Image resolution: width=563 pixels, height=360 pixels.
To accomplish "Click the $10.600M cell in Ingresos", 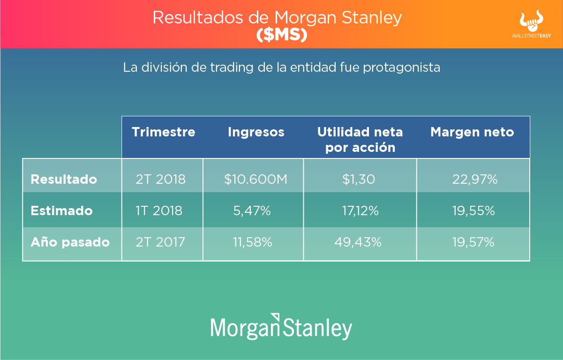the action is click(255, 179).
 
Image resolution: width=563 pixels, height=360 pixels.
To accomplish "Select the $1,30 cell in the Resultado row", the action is click(359, 179).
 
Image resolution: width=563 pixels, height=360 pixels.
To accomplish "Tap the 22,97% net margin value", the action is click(475, 179).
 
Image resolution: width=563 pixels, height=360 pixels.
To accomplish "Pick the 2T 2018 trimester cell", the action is click(161, 179).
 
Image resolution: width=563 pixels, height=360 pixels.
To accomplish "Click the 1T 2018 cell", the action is click(159, 210).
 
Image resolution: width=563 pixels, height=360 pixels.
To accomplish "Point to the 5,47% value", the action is click(252, 210).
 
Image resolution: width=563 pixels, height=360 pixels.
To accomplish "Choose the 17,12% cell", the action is click(360, 210).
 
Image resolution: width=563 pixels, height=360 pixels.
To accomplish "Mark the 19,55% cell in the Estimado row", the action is click(474, 210).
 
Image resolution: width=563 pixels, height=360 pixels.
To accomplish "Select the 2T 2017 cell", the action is click(160, 242).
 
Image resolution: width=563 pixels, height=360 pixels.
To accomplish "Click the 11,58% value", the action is click(253, 242).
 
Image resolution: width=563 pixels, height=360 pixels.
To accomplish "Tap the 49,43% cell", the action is click(358, 242).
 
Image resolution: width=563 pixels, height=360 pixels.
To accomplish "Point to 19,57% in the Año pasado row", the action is click(473, 242).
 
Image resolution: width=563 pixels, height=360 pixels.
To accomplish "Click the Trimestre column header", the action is click(164, 132).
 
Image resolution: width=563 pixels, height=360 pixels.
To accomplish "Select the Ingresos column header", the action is click(256, 133).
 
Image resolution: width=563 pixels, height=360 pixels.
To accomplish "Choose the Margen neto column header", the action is click(472, 133).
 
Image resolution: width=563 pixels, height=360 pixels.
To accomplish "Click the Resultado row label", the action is click(64, 179).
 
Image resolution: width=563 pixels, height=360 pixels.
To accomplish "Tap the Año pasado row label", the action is click(70, 242).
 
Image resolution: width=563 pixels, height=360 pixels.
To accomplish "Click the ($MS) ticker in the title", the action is click(282, 35).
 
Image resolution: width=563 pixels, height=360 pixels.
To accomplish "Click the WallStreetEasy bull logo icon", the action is click(531, 21).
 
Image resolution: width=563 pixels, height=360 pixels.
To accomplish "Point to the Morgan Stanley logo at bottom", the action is click(281, 327).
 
